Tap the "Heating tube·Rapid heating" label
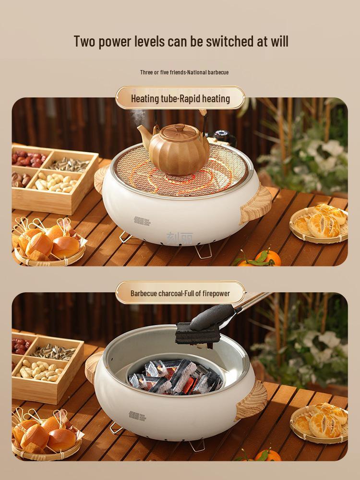(x=180, y=99)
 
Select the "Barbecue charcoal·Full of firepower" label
(x=180, y=293)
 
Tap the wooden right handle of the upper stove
(x=256, y=204)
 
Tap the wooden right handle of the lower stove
(x=252, y=400)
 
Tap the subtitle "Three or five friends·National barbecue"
(x=184, y=72)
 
